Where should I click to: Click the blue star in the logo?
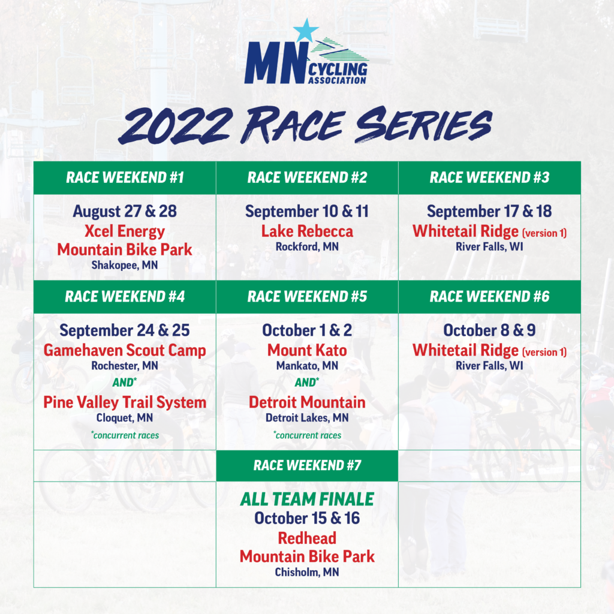pyautogui.click(x=306, y=31)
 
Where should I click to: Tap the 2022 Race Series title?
pyautogui.click(x=305, y=125)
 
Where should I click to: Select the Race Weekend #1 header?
pyautogui.click(x=125, y=177)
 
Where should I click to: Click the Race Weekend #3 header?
pyautogui.click(x=489, y=177)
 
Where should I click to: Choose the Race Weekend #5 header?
pyautogui.click(x=308, y=296)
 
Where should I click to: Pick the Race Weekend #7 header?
pyautogui.click(x=308, y=465)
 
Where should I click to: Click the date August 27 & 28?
pyautogui.click(x=125, y=211)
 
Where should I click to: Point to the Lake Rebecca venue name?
pyautogui.click(x=308, y=231)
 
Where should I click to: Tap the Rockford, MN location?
pyautogui.click(x=308, y=246)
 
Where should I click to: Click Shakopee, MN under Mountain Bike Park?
pyautogui.click(x=125, y=265)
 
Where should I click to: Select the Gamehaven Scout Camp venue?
pyautogui.click(x=125, y=350)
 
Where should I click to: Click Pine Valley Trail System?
pyautogui.click(x=125, y=402)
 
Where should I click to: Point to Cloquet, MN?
pyautogui.click(x=125, y=418)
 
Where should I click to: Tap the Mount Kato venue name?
pyautogui.click(x=308, y=350)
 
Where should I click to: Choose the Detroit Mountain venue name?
pyautogui.click(x=308, y=402)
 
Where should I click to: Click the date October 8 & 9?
pyautogui.click(x=489, y=330)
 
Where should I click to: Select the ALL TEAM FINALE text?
pyautogui.click(x=308, y=499)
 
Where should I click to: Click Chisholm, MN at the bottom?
pyautogui.click(x=308, y=572)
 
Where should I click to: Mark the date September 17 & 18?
pyautogui.click(x=489, y=211)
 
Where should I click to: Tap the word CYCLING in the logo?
pyautogui.click(x=338, y=70)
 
